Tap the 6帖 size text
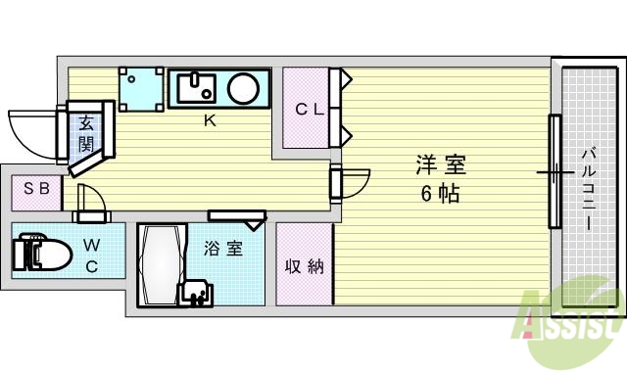[440, 193]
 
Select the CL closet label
[311, 110]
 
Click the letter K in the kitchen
[209, 120]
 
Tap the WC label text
[91, 254]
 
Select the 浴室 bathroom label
[222, 249]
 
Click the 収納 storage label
[305, 266]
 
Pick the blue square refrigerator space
[139, 89]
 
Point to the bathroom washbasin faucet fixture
[195, 293]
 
